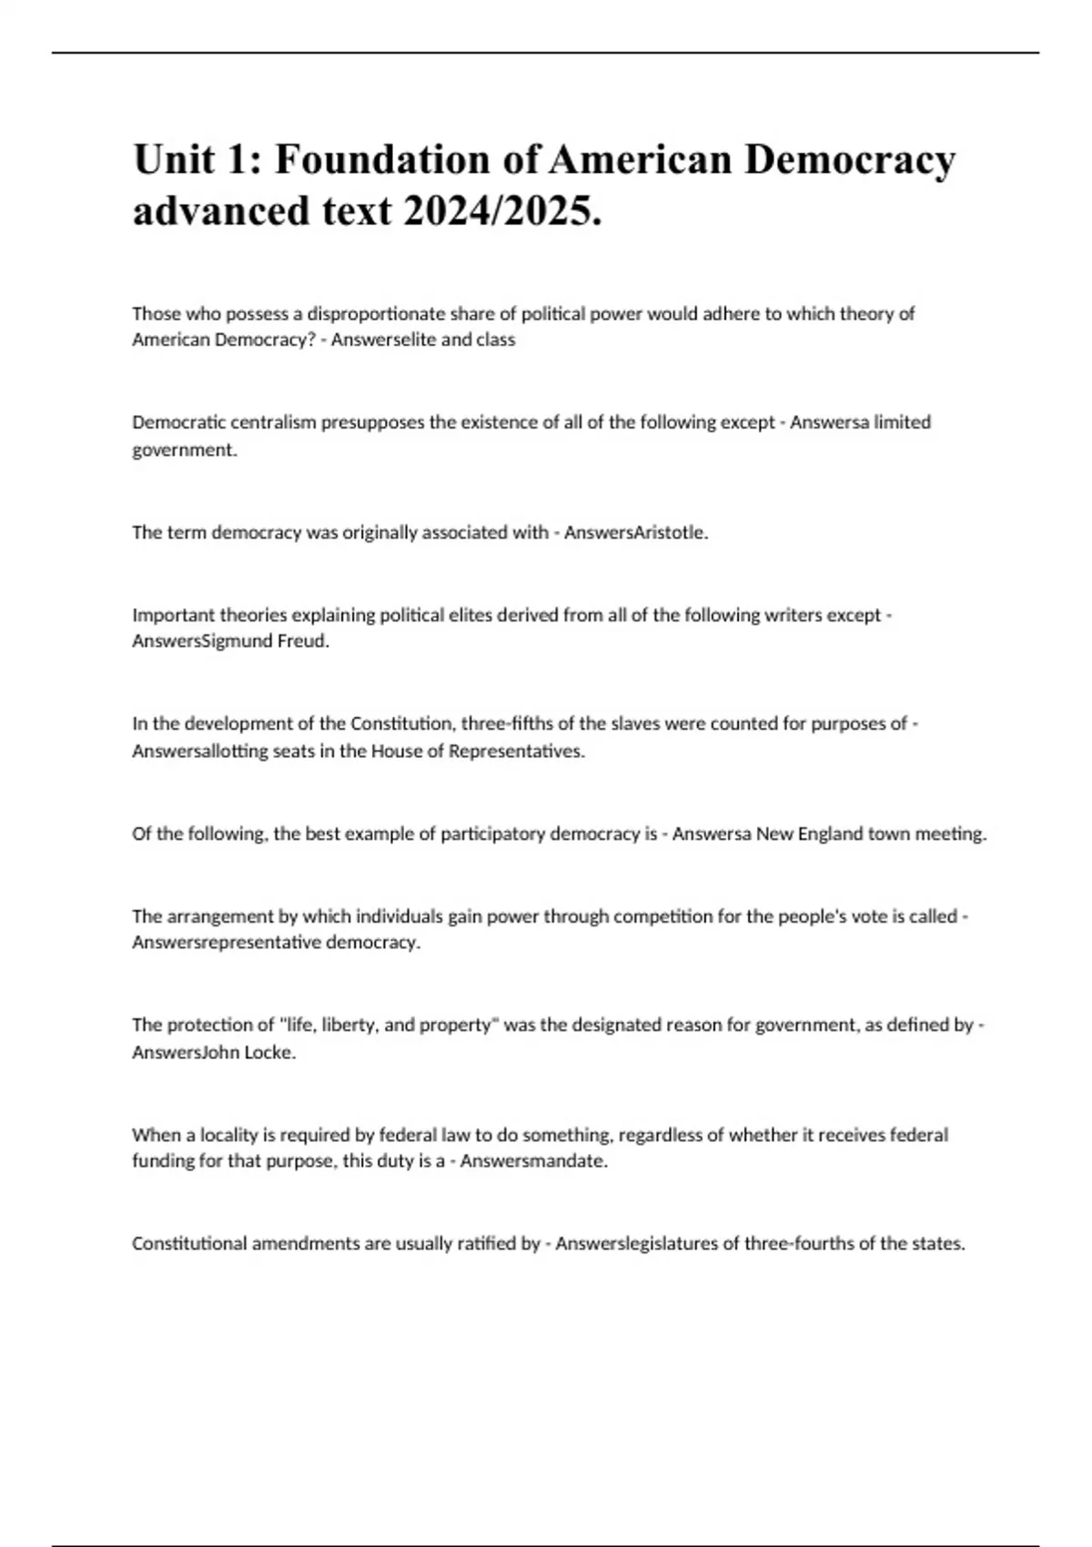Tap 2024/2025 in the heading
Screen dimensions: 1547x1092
(502, 211)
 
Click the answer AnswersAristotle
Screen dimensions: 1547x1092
(635, 532)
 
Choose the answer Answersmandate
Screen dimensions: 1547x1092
(533, 1161)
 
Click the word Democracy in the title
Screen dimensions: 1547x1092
(850, 159)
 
